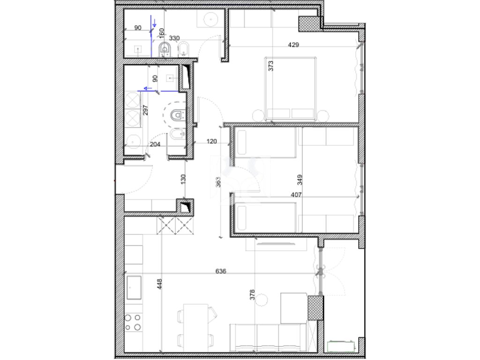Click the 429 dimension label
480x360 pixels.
[x=293, y=45]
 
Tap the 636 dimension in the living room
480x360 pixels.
[x=221, y=271]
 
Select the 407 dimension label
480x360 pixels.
[x=296, y=195]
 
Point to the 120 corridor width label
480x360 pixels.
[x=211, y=142]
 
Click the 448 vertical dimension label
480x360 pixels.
[x=159, y=284]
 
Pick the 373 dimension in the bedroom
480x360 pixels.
[x=270, y=66]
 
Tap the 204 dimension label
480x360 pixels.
[x=155, y=144]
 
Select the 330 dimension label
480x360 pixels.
[x=174, y=38]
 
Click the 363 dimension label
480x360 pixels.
[x=218, y=182]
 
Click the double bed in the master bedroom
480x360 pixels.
[x=290, y=89]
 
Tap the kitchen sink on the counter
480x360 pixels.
[x=134, y=287]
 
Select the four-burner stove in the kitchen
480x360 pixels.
[x=134, y=322]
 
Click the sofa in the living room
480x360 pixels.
[x=268, y=337]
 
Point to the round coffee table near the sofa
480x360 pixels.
[x=262, y=300]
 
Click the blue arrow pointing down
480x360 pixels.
[x=155, y=22]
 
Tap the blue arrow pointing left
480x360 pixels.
[x=148, y=89]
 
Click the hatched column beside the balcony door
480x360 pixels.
[x=315, y=308]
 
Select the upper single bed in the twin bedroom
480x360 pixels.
[x=266, y=142]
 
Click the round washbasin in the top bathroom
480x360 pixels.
[x=211, y=19]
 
